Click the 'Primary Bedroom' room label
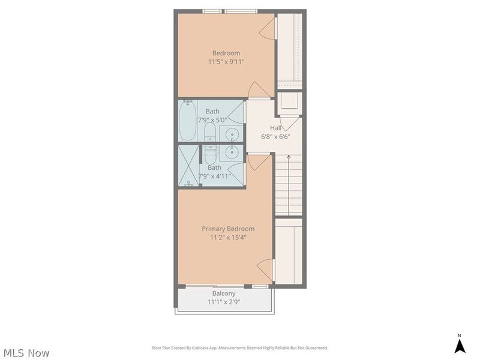pyautogui.click(x=227, y=229)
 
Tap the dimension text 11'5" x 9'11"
pyautogui.click(x=226, y=62)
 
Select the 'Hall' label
pyautogui.click(x=275, y=128)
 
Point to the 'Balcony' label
pyautogui.click(x=223, y=293)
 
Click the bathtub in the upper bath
pyautogui.click(x=187, y=122)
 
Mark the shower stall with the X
pyautogui.click(x=188, y=165)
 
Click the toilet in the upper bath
pyautogui.click(x=210, y=131)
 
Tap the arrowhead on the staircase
pyautogui.click(x=289, y=157)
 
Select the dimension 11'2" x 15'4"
pyautogui.click(x=227, y=238)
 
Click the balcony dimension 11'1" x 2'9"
pyautogui.click(x=223, y=302)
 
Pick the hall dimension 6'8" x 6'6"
pyautogui.click(x=275, y=136)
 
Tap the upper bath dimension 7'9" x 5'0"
pyautogui.click(x=213, y=119)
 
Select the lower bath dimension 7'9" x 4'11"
pyautogui.click(x=214, y=176)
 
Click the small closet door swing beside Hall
pyautogui.click(x=290, y=124)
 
